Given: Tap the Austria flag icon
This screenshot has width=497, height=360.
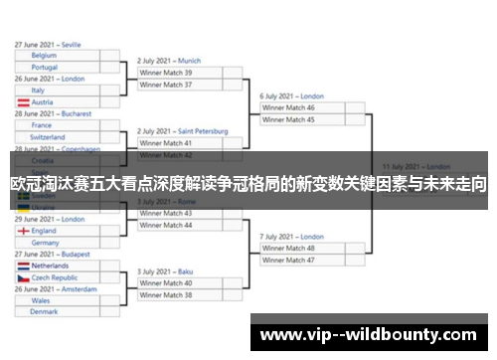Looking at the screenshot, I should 22,102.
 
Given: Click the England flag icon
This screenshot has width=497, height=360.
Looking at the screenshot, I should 22,231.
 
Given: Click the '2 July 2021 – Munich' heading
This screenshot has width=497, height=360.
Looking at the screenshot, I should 169,61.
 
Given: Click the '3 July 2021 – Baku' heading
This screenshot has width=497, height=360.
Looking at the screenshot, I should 164,271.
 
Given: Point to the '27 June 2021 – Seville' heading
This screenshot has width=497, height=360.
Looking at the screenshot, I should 49,45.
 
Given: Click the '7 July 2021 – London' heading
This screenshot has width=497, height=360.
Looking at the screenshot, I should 292,237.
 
